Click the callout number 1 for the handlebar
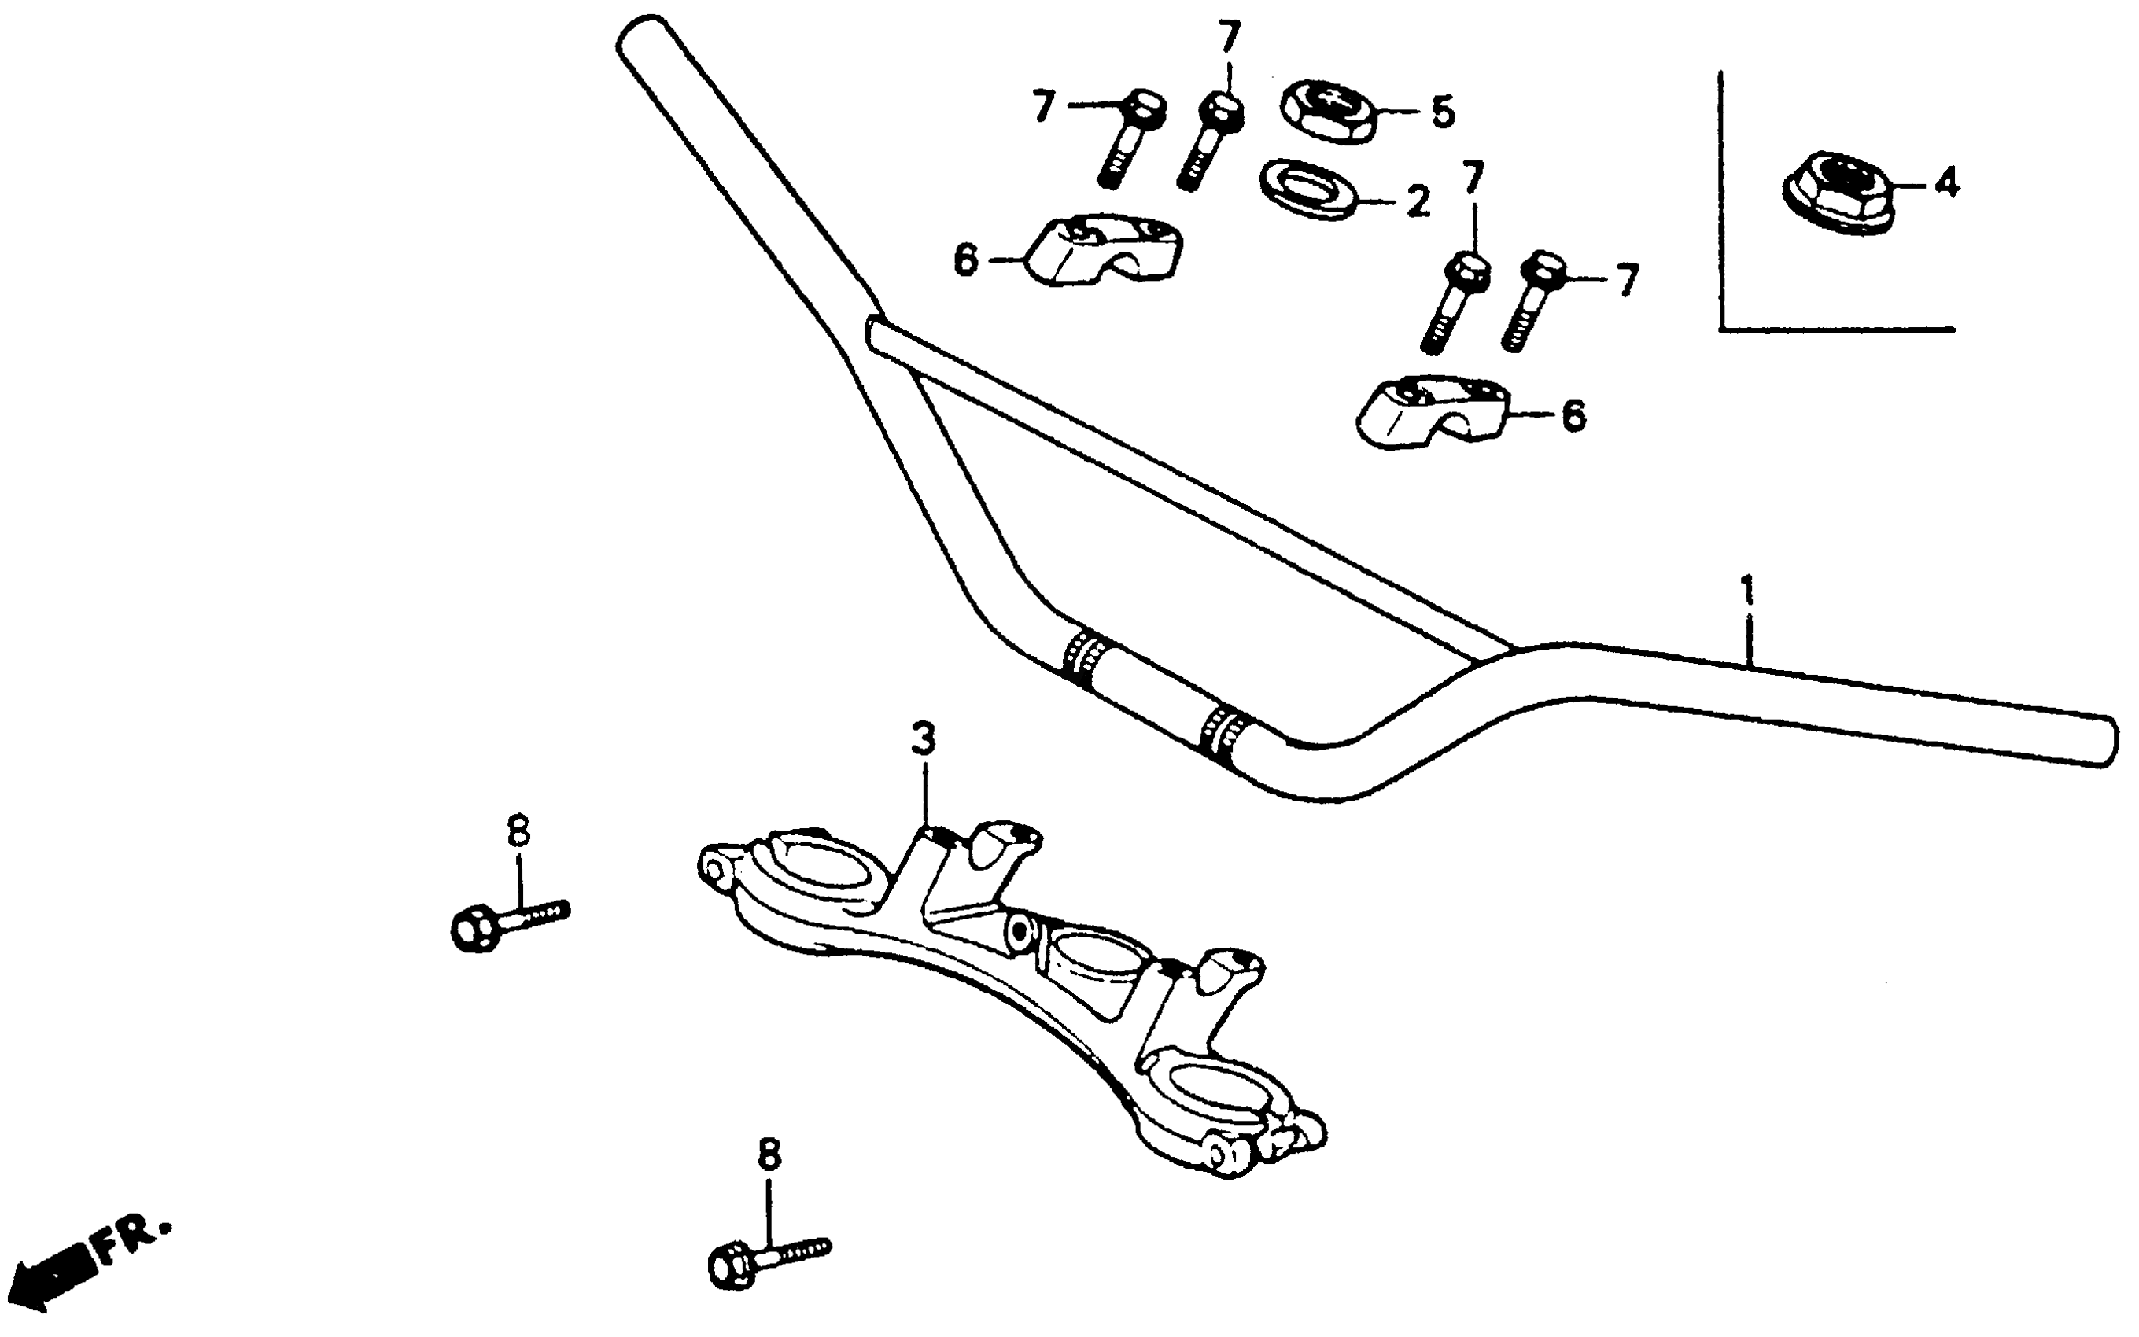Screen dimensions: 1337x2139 pos(1746,591)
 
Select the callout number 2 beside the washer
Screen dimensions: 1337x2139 pos(1418,201)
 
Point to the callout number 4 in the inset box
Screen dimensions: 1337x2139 pos(1947,183)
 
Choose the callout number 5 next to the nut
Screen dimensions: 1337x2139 pos(1442,112)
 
